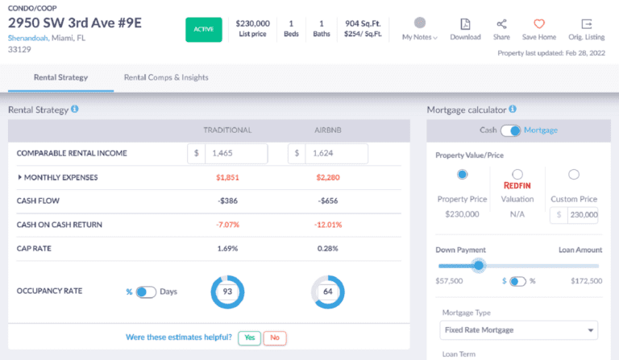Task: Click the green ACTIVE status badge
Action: coord(205,31)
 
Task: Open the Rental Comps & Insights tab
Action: coord(166,77)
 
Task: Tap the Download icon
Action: coord(465,24)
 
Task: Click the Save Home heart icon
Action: coord(539,24)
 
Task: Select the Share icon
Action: coord(501,24)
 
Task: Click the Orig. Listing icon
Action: coord(586,24)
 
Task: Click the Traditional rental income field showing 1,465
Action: coord(235,153)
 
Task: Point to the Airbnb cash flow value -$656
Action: coord(326,201)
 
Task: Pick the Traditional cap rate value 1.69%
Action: coord(228,248)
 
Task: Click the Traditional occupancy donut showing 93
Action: coord(228,292)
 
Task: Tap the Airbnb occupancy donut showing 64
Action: coord(326,292)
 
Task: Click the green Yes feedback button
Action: coord(249,338)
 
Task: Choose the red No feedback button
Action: coord(274,338)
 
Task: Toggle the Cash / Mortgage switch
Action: coord(511,130)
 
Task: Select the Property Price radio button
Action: coord(462,174)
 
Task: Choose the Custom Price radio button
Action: coord(574,174)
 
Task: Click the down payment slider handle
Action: coord(479,265)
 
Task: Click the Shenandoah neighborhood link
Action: coord(28,38)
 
